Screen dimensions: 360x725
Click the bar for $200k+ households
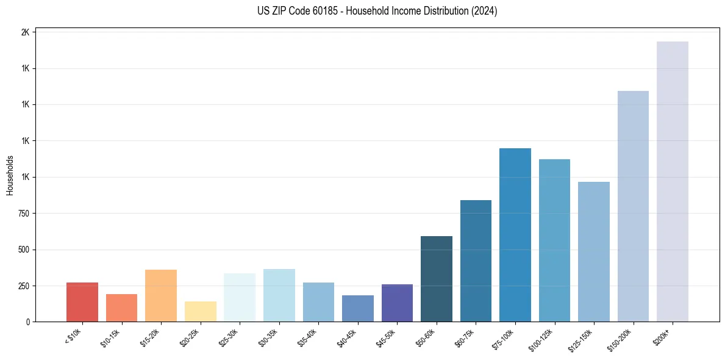click(x=672, y=181)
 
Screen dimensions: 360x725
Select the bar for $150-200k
click(x=633, y=206)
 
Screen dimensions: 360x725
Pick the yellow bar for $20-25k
click(x=201, y=311)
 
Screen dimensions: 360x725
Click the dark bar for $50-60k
click(x=437, y=279)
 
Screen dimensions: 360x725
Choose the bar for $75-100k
click(x=515, y=235)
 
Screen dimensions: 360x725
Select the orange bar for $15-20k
click(x=161, y=295)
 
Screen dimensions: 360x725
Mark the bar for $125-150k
click(x=594, y=251)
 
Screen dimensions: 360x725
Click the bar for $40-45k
click(x=358, y=308)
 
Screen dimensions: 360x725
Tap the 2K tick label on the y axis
click(x=25, y=32)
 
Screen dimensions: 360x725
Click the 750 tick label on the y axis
click(x=23, y=214)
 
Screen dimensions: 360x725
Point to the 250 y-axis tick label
click(x=23, y=286)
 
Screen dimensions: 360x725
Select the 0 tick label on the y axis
click(x=27, y=322)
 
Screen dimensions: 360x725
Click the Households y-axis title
click(x=10, y=175)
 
